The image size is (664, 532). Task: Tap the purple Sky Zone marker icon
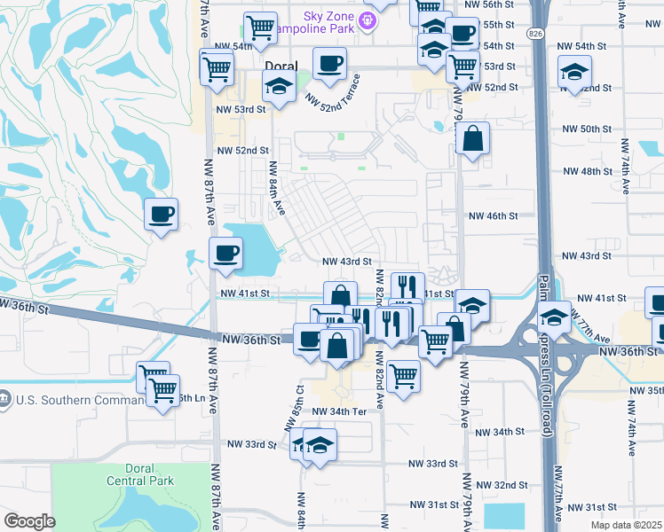click(x=367, y=17)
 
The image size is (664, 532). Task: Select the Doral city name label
click(x=281, y=66)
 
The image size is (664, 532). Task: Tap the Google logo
click(x=29, y=521)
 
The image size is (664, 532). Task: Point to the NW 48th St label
click(x=594, y=171)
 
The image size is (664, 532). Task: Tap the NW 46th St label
click(x=493, y=215)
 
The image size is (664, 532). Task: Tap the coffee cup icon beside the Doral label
click(x=329, y=65)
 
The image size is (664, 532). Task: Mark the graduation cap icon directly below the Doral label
click(x=280, y=88)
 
